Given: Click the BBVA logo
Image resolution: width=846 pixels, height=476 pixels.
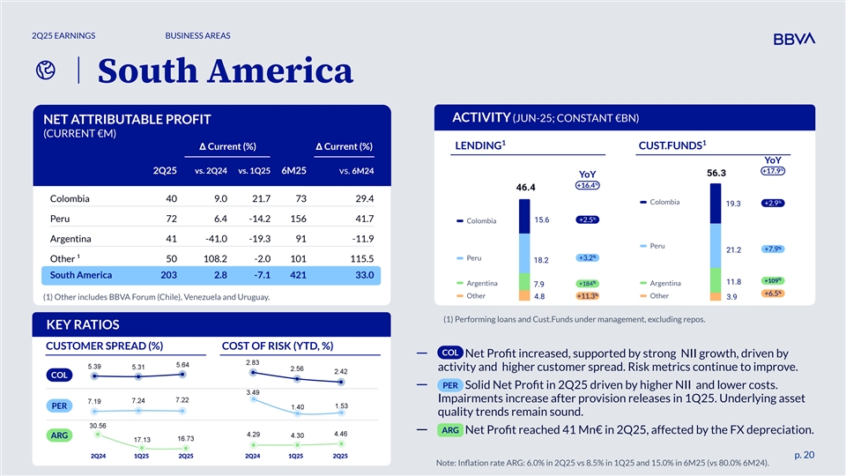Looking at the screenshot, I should coord(793,39).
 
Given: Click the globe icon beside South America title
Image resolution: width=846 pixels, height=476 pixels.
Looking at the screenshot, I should coord(41,73).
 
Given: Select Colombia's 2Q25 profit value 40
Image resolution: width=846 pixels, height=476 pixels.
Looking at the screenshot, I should coord(171,198).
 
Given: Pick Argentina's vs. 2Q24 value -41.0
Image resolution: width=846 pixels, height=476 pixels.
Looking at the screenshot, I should coord(215,239).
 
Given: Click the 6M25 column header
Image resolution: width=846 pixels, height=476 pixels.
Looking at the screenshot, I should coord(293,170).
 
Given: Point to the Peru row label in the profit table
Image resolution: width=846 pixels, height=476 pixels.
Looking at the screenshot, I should coord(61,219).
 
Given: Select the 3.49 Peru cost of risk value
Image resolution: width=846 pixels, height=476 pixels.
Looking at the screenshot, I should coord(253,392).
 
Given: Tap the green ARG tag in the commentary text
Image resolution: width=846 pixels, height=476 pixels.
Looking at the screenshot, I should coord(449,430).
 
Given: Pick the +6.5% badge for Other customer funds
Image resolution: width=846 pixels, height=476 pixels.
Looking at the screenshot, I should coord(773,294).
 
